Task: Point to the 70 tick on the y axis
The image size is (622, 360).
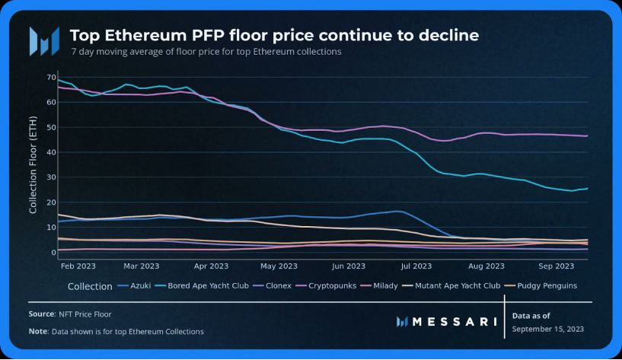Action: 50,78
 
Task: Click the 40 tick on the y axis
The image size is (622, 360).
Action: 50,152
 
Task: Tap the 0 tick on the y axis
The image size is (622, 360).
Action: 53,253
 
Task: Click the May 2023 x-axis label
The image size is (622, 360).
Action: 279,266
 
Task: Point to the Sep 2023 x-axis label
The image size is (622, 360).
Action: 556,266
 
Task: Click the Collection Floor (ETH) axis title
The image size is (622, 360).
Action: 33,164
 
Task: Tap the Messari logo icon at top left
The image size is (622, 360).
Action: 43,41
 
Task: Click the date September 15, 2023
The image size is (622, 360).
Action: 549,329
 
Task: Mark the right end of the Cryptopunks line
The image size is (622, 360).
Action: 587,135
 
